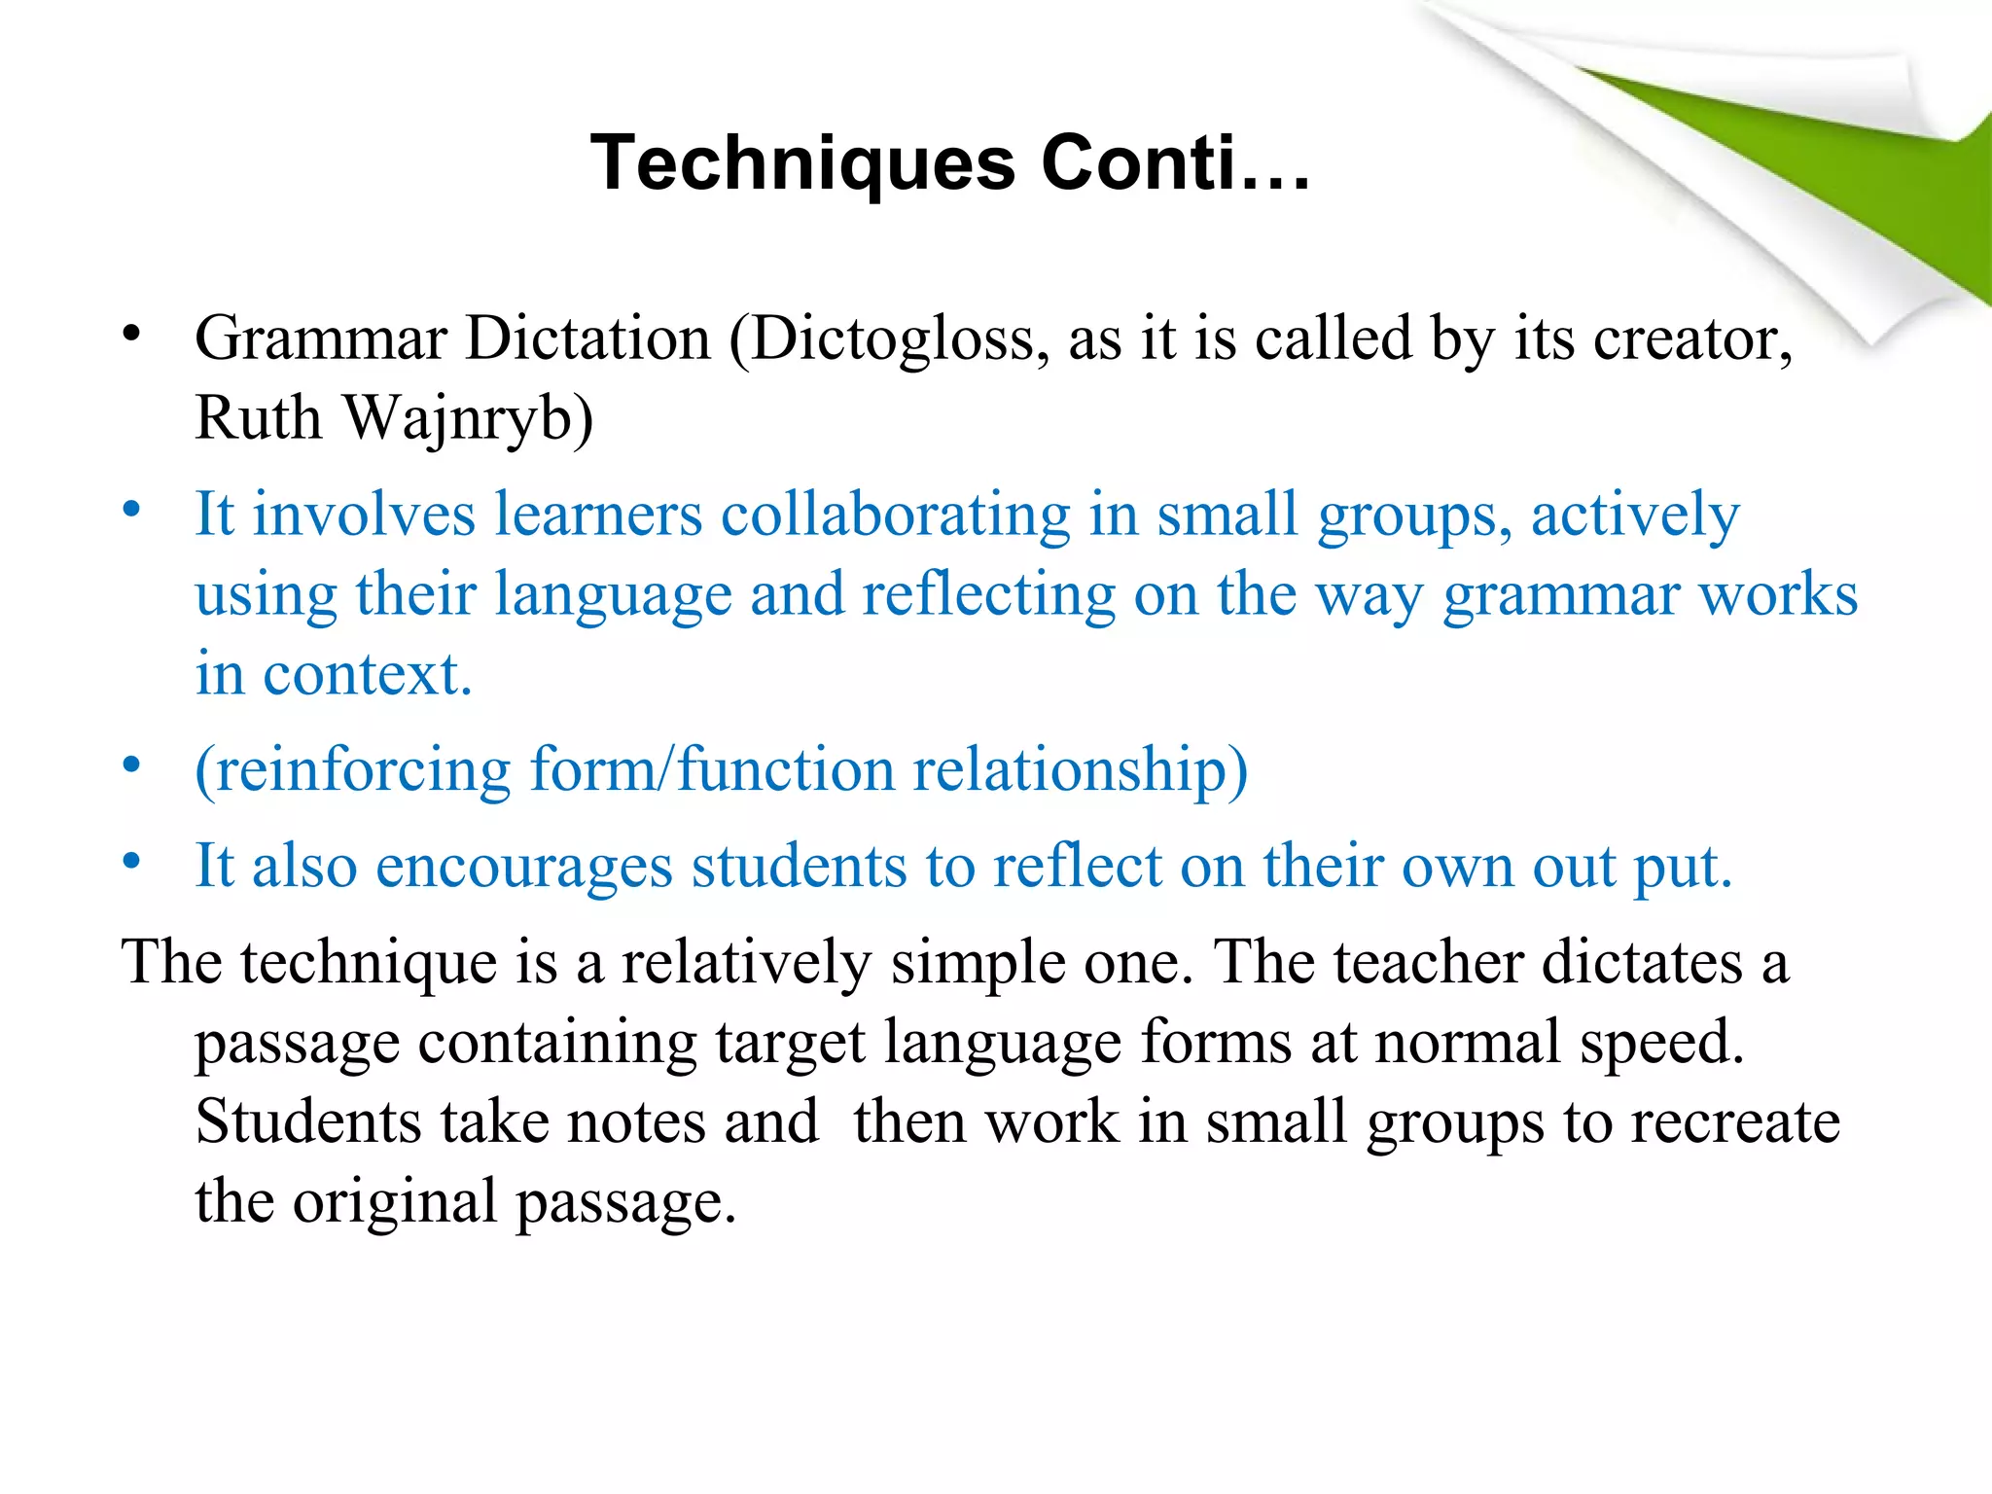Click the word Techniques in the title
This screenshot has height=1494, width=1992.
point(803,163)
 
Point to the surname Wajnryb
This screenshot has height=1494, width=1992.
point(468,419)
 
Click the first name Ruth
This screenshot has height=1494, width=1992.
point(258,419)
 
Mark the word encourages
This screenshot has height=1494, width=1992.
point(524,866)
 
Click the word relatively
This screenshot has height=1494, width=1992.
point(746,963)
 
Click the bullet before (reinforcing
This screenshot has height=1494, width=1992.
point(132,765)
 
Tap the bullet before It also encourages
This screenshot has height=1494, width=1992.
point(132,861)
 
